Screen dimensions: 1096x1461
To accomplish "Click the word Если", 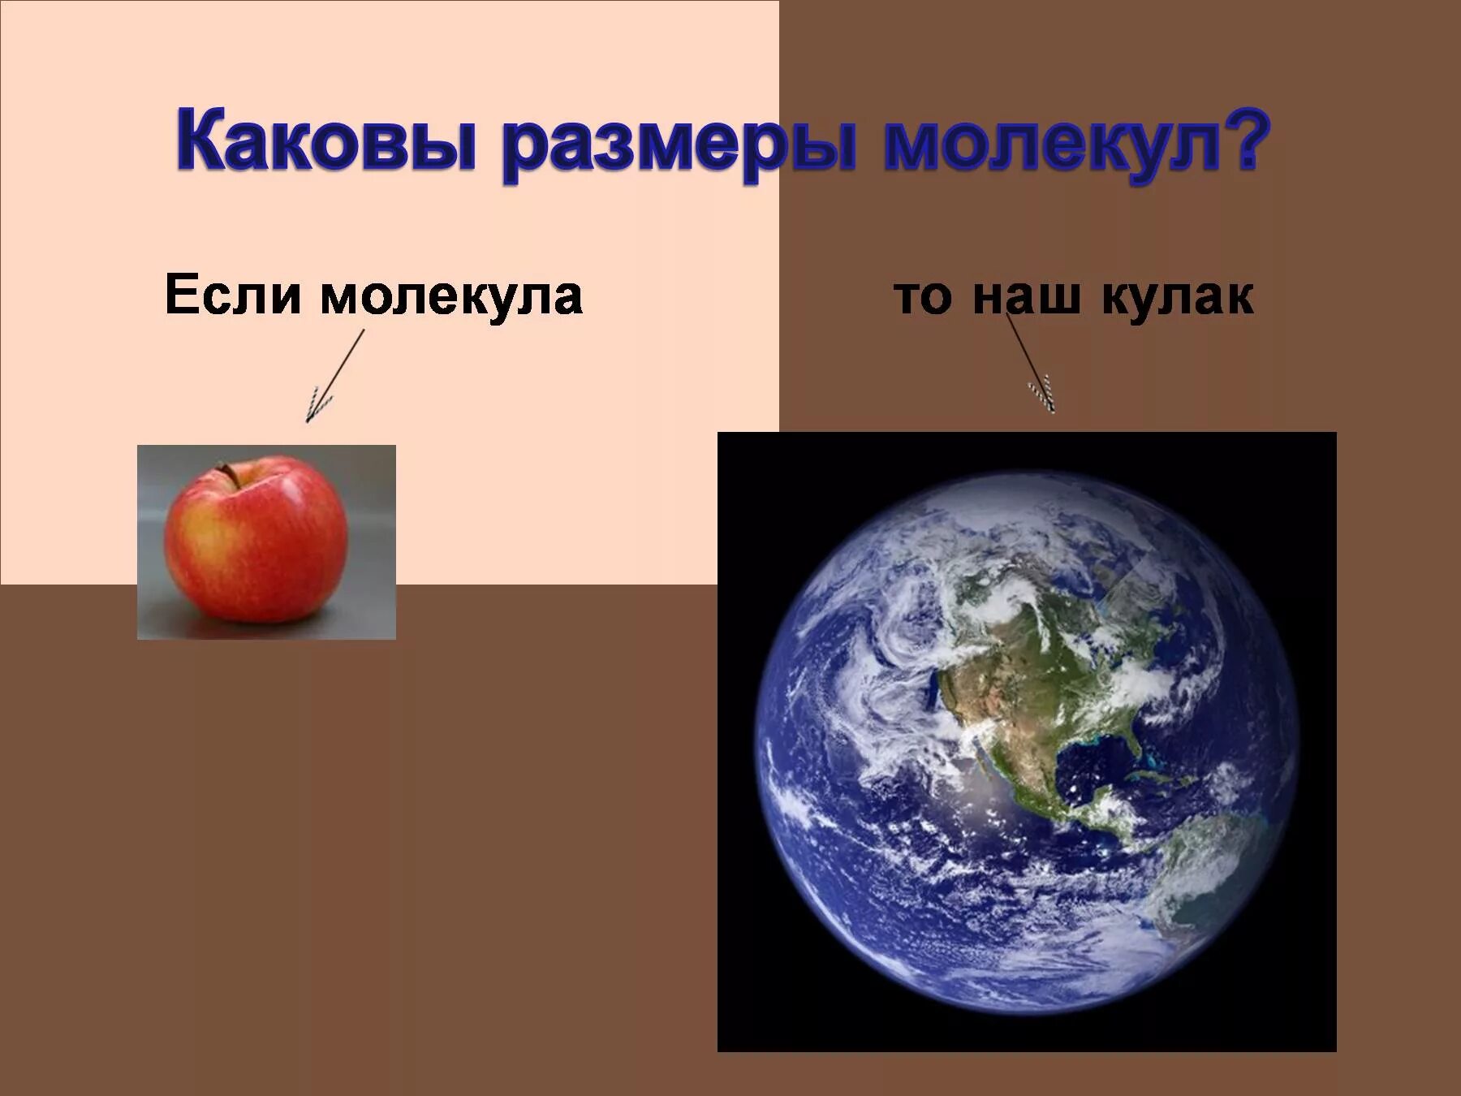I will click(x=233, y=296).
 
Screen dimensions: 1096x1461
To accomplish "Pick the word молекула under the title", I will click(x=451, y=297).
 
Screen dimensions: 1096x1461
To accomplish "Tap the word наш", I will click(x=1026, y=297).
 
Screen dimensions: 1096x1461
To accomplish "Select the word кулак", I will click(x=1177, y=297).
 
